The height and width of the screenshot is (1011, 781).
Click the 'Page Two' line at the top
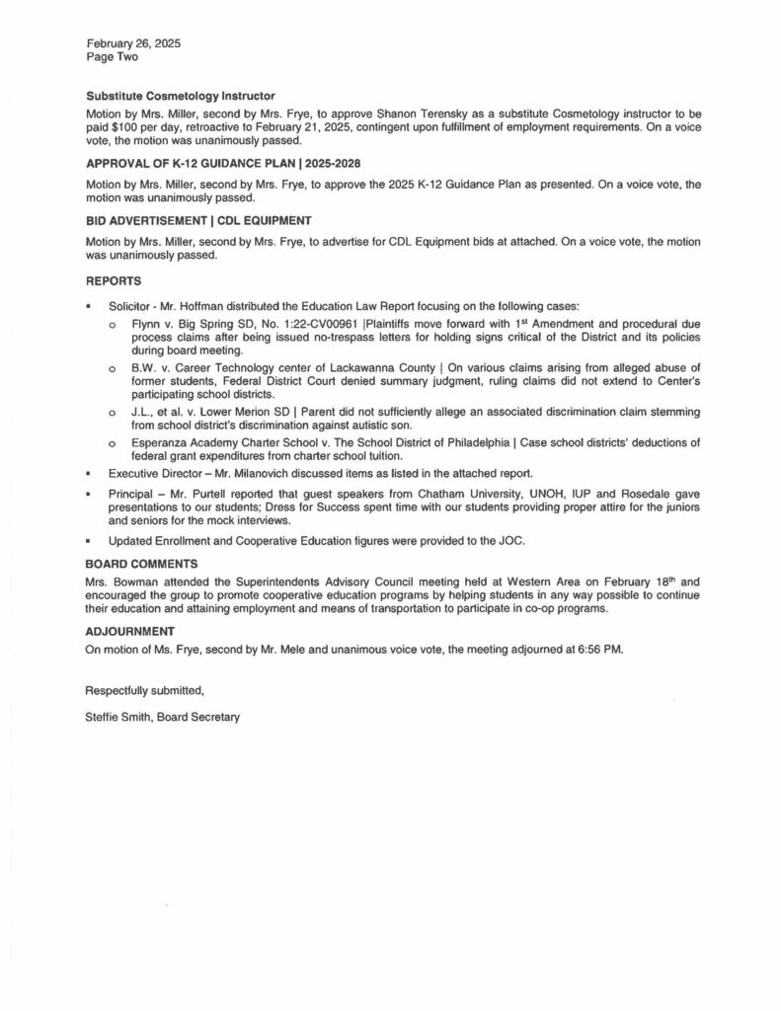[x=112, y=58]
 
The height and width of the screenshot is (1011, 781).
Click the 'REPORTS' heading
[x=114, y=279]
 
